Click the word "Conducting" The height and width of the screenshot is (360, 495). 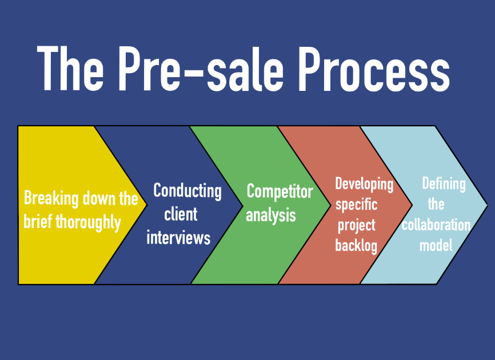[187, 190]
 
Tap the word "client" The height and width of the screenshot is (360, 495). [181, 214]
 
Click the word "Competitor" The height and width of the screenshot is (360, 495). [280, 191]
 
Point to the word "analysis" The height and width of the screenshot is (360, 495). [271, 215]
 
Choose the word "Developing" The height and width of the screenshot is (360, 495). [364, 184]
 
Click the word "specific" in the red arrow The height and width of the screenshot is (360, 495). [356, 205]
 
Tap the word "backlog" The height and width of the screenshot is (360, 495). [357, 246]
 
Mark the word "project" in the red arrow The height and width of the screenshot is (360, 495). [357, 225]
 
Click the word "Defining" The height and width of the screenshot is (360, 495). [444, 184]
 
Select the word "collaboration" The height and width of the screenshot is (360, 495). [436, 225]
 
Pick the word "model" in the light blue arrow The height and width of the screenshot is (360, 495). [436, 246]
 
